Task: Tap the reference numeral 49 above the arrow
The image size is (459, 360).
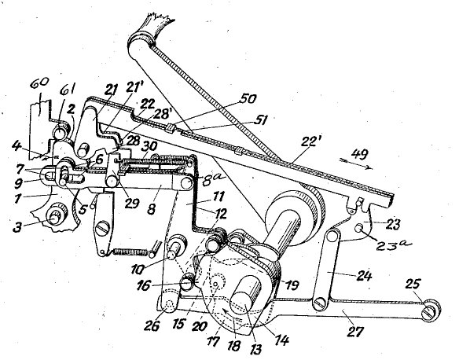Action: click(x=360, y=154)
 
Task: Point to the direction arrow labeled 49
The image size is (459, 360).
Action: click(x=356, y=163)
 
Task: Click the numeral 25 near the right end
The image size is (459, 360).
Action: click(x=413, y=284)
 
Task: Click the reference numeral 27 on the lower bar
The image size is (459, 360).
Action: click(x=354, y=332)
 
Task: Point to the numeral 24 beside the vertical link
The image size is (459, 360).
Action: click(x=364, y=276)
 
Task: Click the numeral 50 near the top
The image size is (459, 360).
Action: click(x=248, y=100)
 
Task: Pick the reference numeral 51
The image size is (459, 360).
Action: click(x=259, y=120)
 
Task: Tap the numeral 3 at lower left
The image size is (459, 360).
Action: click(x=18, y=227)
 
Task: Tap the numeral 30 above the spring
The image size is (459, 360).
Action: click(x=150, y=146)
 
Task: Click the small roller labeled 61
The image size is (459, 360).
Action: click(x=61, y=132)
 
